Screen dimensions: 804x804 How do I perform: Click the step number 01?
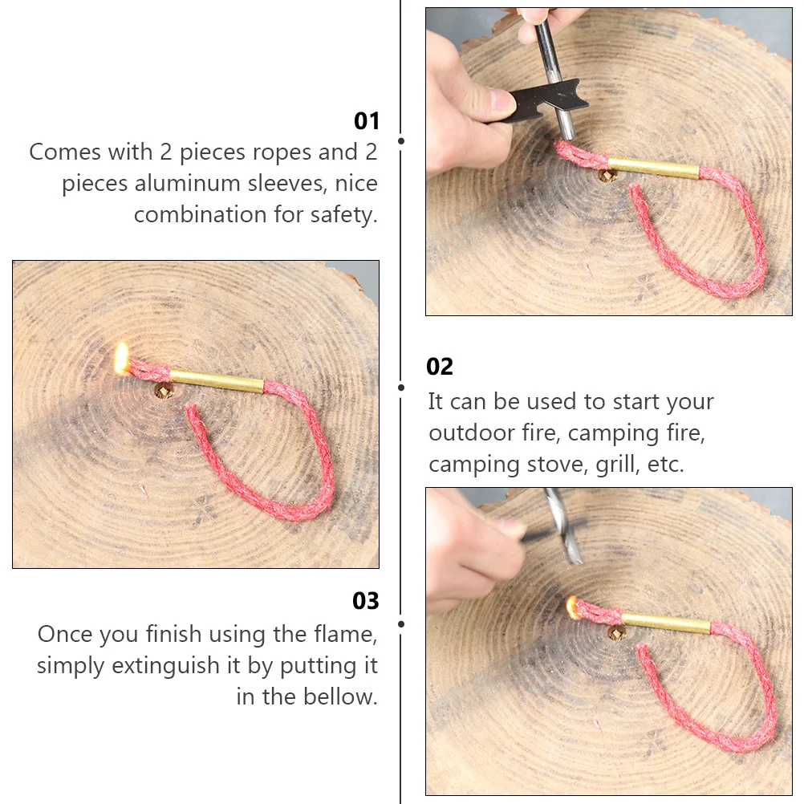point(366,121)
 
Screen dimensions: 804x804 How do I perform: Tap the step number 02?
point(440,367)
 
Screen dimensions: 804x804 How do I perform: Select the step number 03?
point(366,601)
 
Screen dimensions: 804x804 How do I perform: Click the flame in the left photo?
point(122,357)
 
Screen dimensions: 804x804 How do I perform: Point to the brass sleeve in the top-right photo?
point(654,167)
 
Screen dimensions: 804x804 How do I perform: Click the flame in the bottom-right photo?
point(571,606)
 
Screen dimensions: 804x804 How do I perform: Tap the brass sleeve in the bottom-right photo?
point(665,623)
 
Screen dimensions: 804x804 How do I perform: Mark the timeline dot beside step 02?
point(401,387)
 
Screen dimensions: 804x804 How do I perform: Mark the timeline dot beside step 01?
point(401,141)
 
